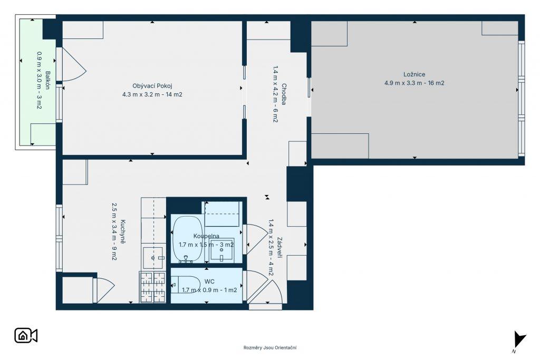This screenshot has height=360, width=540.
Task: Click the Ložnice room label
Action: [x=414, y=74]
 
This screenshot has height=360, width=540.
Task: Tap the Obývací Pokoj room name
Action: [x=152, y=86]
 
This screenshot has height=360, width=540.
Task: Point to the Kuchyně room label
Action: [x=123, y=232]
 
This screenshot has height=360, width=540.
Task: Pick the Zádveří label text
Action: [x=279, y=247]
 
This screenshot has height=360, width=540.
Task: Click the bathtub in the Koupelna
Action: [x=187, y=239]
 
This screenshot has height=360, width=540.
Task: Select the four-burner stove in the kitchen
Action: [x=152, y=287]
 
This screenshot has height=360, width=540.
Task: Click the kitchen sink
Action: [x=152, y=257]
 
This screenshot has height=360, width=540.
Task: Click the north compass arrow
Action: [x=519, y=339]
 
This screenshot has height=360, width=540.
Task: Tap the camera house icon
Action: [x=26, y=336]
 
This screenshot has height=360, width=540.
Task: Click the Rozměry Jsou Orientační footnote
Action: [x=270, y=347]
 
